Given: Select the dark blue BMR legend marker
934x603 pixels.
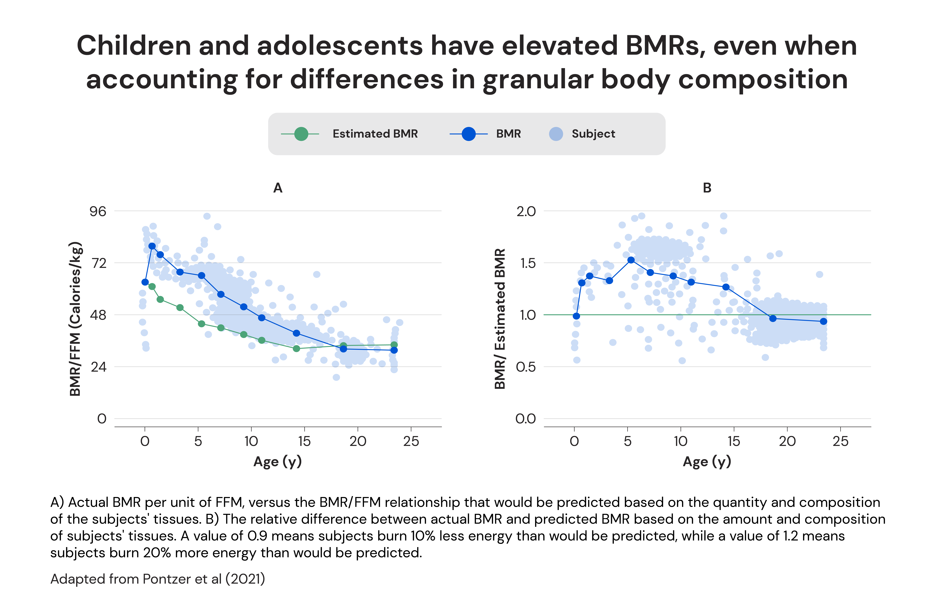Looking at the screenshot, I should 468,134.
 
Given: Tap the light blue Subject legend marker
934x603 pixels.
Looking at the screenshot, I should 556,134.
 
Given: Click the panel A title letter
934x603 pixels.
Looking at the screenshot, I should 278,188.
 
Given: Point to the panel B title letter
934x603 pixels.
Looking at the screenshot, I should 707,188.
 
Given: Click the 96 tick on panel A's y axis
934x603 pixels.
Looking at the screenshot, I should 98,211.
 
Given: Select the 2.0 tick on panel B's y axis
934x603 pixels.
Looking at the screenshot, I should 526,211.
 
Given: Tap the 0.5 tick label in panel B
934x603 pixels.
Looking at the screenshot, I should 526,367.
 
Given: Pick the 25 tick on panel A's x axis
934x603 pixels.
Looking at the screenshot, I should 411,441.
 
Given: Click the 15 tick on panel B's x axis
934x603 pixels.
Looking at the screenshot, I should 734,441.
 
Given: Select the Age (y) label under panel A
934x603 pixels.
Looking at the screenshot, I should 278,462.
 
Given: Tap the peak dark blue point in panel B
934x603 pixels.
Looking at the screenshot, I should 631,260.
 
